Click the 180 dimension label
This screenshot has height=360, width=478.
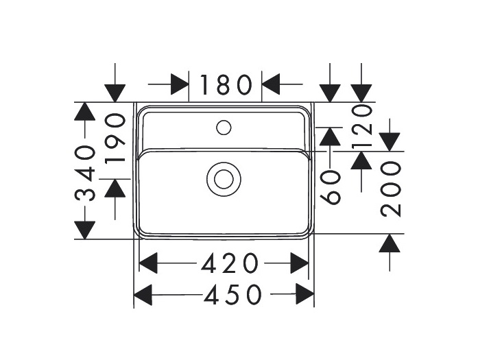[x=226, y=85]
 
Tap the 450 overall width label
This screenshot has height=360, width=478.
[x=232, y=295]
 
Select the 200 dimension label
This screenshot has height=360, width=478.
[x=390, y=189]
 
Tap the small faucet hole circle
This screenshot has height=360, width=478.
[x=224, y=126]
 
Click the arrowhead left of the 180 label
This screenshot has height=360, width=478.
[x=180, y=84]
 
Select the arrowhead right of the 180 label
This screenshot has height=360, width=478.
[x=272, y=84]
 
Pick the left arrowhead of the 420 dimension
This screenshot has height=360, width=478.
[x=149, y=262]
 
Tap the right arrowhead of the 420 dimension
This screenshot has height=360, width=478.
[x=300, y=262]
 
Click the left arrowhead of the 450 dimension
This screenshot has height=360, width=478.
[x=143, y=295]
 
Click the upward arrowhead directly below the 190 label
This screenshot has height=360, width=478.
[x=115, y=187]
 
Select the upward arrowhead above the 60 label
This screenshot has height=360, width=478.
[x=330, y=136]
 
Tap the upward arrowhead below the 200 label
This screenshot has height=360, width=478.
[x=390, y=242]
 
